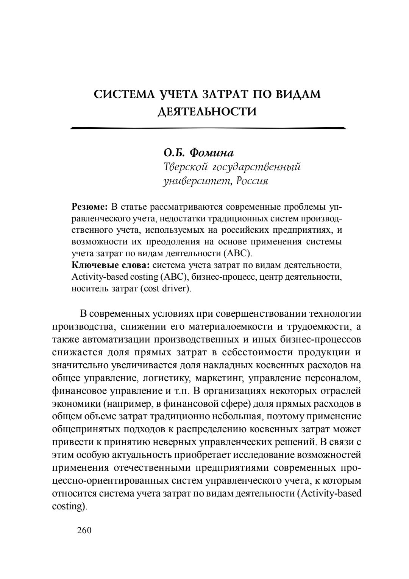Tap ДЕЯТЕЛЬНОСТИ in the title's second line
[207, 112]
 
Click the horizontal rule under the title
[208, 128]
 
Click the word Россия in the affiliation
[251, 181]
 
